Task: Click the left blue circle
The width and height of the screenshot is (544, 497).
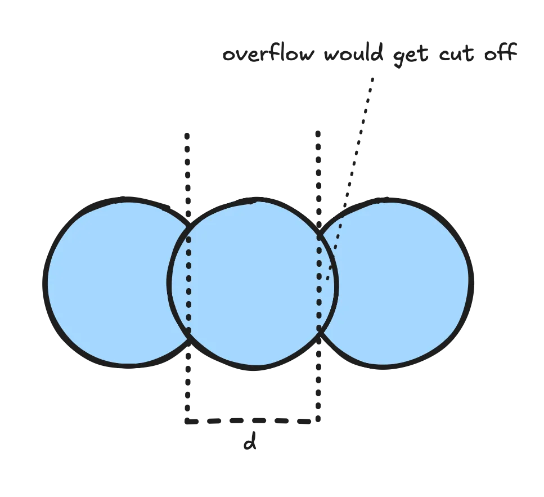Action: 113,281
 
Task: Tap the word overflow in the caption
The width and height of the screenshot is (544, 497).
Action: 267,56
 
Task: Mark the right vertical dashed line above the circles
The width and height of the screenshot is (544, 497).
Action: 320,169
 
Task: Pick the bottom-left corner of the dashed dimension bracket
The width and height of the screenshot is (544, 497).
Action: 189,419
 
